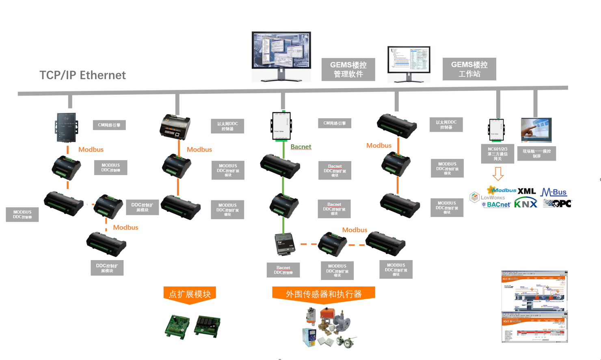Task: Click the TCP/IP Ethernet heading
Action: (x=82, y=75)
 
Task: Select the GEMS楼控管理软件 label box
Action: (x=348, y=69)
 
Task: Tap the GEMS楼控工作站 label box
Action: (x=469, y=69)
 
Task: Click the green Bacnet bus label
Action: (x=301, y=147)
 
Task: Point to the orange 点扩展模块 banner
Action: (x=190, y=294)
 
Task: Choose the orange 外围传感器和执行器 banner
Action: (x=323, y=294)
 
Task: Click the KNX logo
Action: (x=525, y=203)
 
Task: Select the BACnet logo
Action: (x=496, y=205)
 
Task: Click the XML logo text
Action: (x=527, y=191)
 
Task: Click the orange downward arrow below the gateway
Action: (x=498, y=174)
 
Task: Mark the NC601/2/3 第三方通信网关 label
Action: (x=497, y=154)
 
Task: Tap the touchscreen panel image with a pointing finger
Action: (x=536, y=130)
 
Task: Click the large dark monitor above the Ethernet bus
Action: (x=281, y=56)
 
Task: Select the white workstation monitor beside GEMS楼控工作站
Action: (x=409, y=64)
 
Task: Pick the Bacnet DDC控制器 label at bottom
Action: (x=283, y=270)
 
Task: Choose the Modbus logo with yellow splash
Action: (x=502, y=190)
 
